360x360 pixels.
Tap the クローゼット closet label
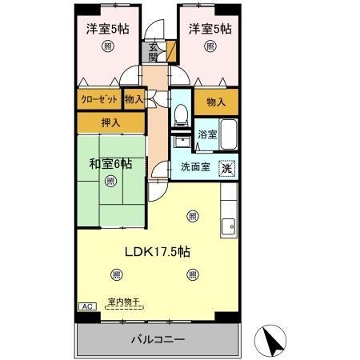99,99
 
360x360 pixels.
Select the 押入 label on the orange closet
110,123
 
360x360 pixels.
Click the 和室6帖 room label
110,163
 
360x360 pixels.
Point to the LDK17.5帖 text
156,250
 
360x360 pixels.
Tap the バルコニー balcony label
158,339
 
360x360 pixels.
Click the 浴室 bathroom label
206,134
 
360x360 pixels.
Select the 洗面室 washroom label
194,167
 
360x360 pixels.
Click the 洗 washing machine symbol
228,168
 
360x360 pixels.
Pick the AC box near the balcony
86,306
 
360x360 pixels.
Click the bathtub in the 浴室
228,134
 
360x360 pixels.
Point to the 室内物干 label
123,301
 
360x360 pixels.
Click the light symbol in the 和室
110,181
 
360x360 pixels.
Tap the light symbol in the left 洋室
108,47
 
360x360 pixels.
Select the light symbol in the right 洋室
210,47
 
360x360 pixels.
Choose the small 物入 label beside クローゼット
134,99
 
